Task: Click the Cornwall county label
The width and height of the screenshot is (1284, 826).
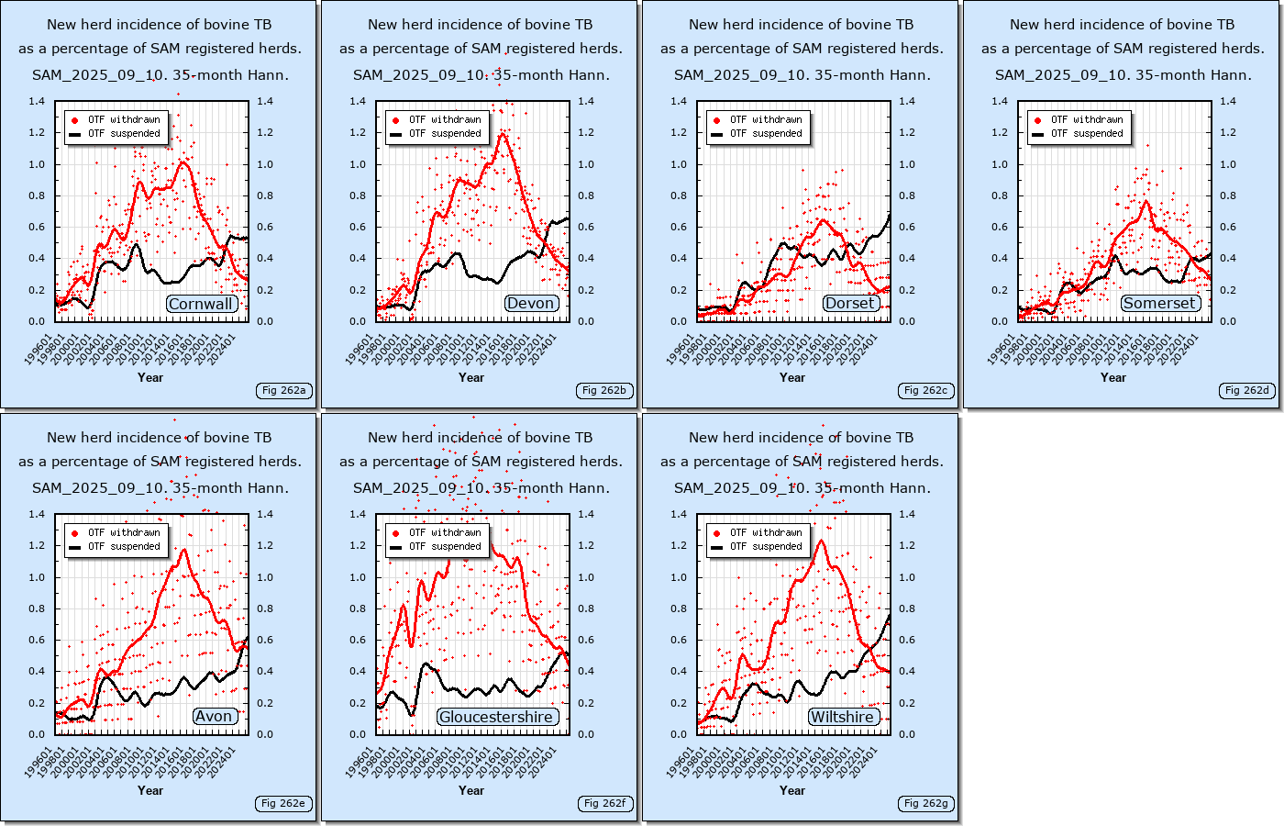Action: tap(202, 304)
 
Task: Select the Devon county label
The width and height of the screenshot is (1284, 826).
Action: tap(530, 304)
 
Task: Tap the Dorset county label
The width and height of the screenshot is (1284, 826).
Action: tap(850, 304)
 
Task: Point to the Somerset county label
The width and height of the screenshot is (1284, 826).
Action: tap(1159, 303)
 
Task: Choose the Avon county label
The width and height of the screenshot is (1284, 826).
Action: tap(214, 717)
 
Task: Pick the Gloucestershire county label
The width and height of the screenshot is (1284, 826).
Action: tap(496, 717)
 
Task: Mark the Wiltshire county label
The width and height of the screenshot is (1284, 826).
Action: tap(841, 717)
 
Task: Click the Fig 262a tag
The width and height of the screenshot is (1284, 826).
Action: tap(283, 390)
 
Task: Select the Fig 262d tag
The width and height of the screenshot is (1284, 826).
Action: tap(1246, 390)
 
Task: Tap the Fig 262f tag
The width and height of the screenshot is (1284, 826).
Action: tap(604, 803)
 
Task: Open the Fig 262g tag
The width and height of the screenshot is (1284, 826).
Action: tap(925, 803)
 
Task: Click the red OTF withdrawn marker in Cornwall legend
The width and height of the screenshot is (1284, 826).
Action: tap(74, 120)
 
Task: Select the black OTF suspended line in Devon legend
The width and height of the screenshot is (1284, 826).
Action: tap(395, 134)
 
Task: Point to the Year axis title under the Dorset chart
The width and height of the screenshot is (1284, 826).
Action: tap(792, 377)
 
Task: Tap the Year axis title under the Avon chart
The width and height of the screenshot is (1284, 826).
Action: tap(150, 790)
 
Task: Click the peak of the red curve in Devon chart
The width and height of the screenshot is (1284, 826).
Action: tap(503, 135)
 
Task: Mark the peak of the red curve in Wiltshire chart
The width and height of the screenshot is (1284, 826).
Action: tap(821, 541)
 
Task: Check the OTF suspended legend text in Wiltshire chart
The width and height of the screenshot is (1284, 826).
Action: tap(766, 546)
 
